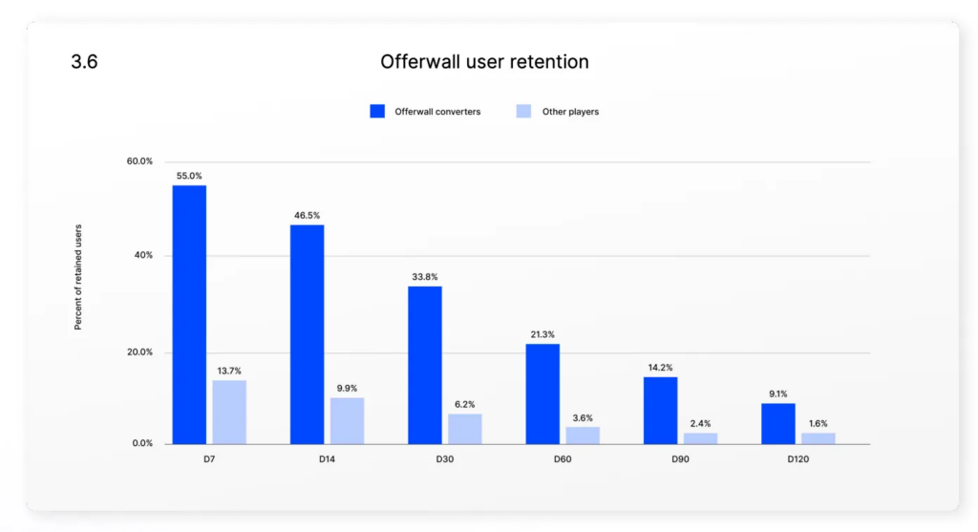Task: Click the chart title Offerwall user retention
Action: [484, 62]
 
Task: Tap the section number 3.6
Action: [84, 62]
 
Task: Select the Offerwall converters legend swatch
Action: [377, 112]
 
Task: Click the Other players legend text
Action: [570, 112]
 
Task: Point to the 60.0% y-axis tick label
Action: [139, 161]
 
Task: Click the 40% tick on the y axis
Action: [143, 256]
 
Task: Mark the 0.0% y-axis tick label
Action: [141, 444]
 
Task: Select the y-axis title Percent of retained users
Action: [78, 277]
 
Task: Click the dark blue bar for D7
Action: [189, 315]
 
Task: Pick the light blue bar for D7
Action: [229, 412]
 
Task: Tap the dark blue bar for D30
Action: [425, 365]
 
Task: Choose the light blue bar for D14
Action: [347, 420]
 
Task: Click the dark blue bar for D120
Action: [778, 423]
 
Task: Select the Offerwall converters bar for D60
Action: [542, 394]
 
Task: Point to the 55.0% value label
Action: [189, 176]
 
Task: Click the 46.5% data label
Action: [307, 216]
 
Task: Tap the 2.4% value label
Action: [700, 423]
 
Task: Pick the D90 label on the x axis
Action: [680, 459]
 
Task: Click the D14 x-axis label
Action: [327, 459]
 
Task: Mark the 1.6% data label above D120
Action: [818, 423]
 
